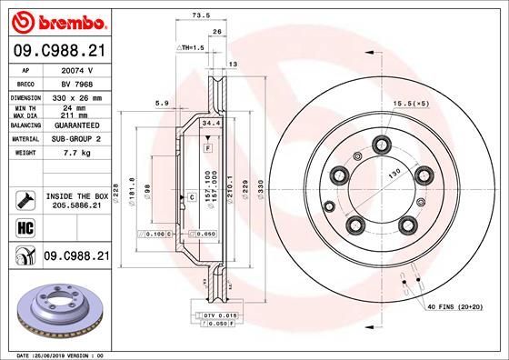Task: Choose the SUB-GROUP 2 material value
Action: [74, 139]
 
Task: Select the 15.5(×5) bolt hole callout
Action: [411, 106]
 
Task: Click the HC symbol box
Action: [24, 226]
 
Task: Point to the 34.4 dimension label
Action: [210, 124]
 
